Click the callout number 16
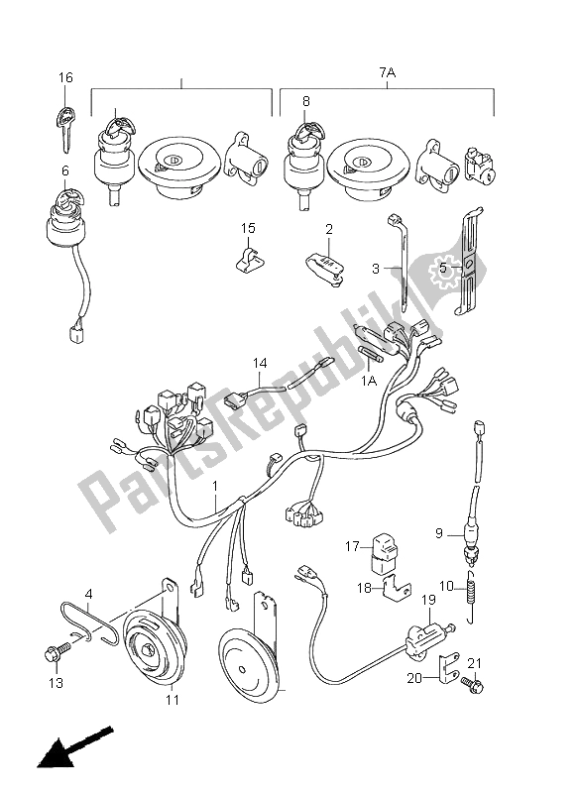[x=65, y=78]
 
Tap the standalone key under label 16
[x=65, y=128]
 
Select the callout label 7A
[x=388, y=72]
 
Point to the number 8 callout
[x=306, y=101]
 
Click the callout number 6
[x=65, y=171]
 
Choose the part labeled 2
[x=325, y=268]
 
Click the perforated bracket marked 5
[x=468, y=261]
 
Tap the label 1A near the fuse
[x=369, y=381]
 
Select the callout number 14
[x=260, y=363]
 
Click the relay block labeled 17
[x=385, y=555]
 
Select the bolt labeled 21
[x=472, y=684]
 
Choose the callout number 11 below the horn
[x=173, y=700]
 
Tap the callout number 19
[x=428, y=601]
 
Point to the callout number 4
[x=88, y=592]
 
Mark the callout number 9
[x=439, y=533]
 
